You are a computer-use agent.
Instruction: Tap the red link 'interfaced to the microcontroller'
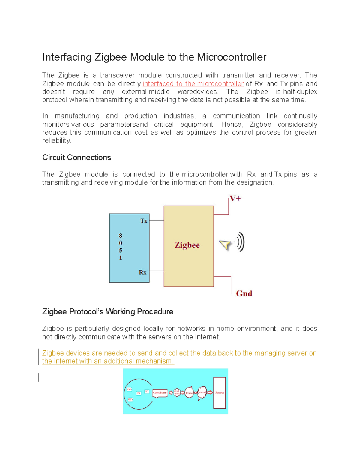(193, 84)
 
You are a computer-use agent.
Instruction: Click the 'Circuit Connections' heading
(76, 158)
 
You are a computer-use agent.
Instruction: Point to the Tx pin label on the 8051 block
(144, 221)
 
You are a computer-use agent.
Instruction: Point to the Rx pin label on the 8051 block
(142, 272)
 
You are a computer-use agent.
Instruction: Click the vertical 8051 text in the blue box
(121, 246)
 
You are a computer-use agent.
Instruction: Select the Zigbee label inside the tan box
(187, 245)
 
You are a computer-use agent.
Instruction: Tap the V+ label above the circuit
(235, 199)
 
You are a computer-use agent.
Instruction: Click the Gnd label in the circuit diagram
(244, 293)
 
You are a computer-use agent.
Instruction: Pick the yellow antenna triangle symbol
(225, 245)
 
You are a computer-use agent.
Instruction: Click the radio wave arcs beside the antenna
(241, 242)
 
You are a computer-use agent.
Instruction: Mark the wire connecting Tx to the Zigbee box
(157, 221)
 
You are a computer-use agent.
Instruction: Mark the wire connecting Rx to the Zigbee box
(157, 271)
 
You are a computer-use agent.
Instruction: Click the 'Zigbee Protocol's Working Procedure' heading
(108, 312)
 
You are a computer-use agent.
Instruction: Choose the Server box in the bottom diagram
(219, 392)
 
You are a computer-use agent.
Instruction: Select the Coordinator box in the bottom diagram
(160, 392)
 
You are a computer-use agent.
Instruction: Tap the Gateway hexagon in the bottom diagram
(177, 392)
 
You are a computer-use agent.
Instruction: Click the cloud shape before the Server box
(202, 392)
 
